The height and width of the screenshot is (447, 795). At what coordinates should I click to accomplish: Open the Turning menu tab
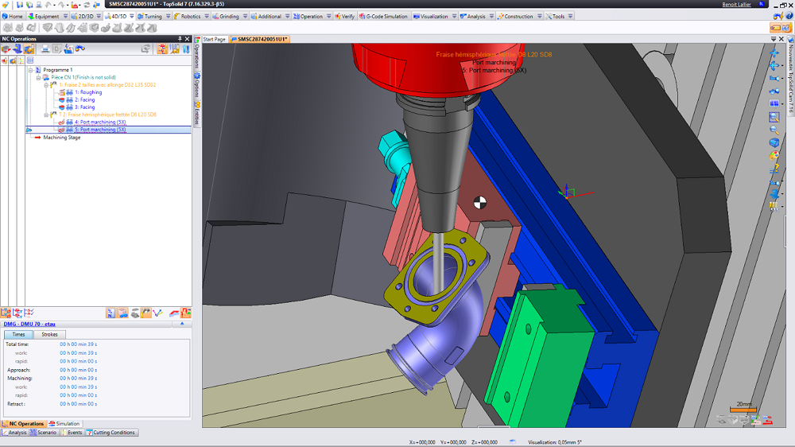(152, 16)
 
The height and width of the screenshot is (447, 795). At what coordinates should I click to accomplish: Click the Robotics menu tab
(190, 16)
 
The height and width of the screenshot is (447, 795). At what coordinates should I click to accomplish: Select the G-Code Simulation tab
(386, 16)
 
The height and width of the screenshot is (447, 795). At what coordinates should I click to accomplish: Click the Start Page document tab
(215, 39)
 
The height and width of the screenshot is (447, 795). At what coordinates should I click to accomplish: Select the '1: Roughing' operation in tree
(88, 92)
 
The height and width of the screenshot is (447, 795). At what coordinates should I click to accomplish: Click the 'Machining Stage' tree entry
(62, 138)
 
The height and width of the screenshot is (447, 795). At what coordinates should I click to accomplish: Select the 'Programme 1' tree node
(57, 69)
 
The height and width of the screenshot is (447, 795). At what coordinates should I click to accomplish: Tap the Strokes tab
(49, 335)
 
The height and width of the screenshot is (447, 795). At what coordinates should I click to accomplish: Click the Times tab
(18, 335)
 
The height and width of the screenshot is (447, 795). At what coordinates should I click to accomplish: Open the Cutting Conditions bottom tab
(114, 433)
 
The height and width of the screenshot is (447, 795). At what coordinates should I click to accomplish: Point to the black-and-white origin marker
(480, 202)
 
